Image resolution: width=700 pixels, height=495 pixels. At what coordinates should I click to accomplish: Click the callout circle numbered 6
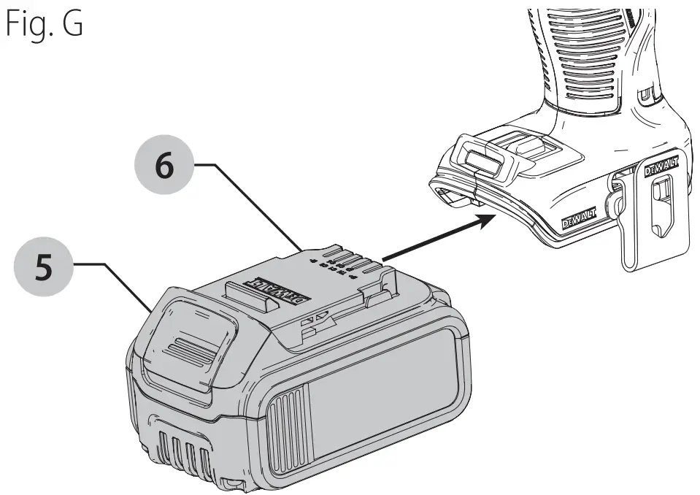(164, 166)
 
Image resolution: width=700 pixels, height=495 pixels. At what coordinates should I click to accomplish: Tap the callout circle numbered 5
(45, 268)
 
